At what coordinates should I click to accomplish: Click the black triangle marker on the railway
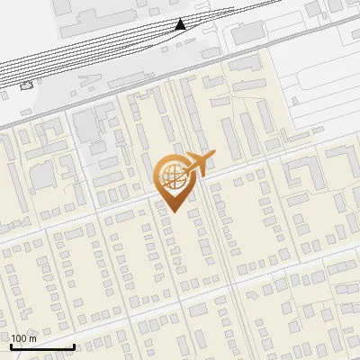[181, 23]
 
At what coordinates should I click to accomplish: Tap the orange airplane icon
[199, 164]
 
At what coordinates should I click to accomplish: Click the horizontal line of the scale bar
[42, 346]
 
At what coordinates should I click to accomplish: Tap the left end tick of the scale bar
[11, 345]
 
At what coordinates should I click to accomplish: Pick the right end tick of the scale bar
[74, 345]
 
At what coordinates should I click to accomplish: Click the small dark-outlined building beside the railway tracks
[27, 85]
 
